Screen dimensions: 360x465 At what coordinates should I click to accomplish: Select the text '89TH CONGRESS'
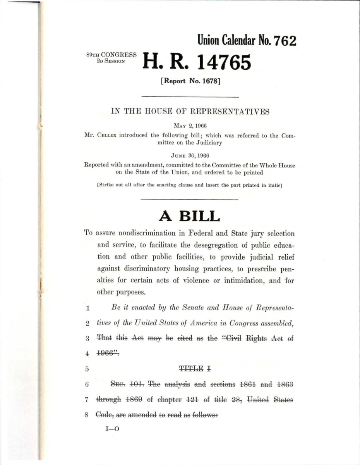(x=111, y=55)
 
